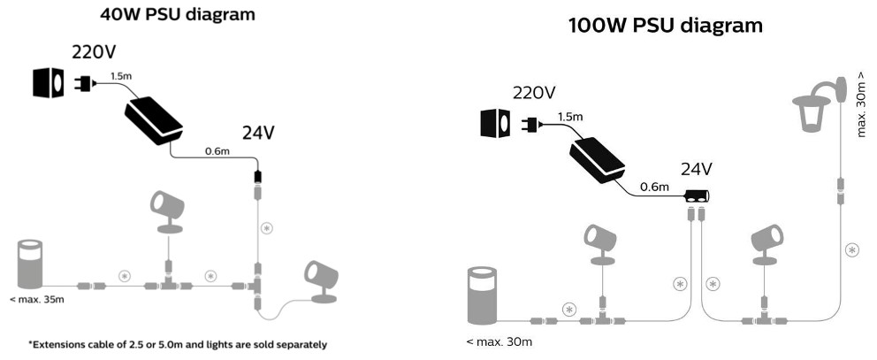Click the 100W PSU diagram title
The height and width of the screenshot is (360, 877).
click(x=665, y=26)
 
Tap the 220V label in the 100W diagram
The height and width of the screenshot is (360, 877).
click(x=534, y=92)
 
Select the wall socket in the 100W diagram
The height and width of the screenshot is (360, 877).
click(x=494, y=123)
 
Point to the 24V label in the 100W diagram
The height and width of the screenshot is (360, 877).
click(x=697, y=168)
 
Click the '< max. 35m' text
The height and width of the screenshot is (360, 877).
click(x=34, y=301)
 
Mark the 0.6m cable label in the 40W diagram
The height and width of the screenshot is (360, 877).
click(x=217, y=151)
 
